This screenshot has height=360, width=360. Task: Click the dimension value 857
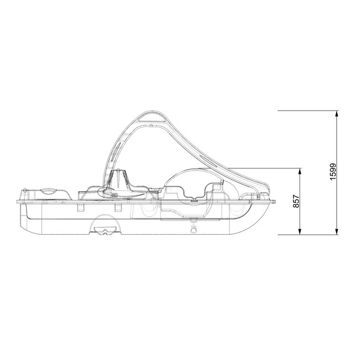pos(295,201)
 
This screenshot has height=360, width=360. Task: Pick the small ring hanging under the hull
pos(193,229)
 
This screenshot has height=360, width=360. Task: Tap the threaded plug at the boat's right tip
pos(273,200)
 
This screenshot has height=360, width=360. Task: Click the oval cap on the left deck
pos(50,191)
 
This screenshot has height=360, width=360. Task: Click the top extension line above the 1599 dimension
pos(307,111)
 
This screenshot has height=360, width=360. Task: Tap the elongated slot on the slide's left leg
pos(118,150)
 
